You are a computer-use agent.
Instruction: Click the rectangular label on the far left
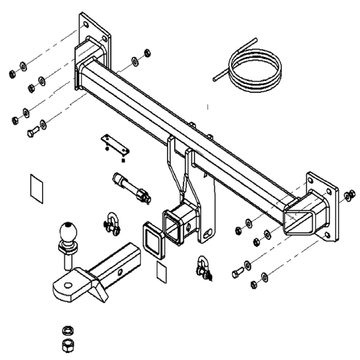point(36,188)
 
